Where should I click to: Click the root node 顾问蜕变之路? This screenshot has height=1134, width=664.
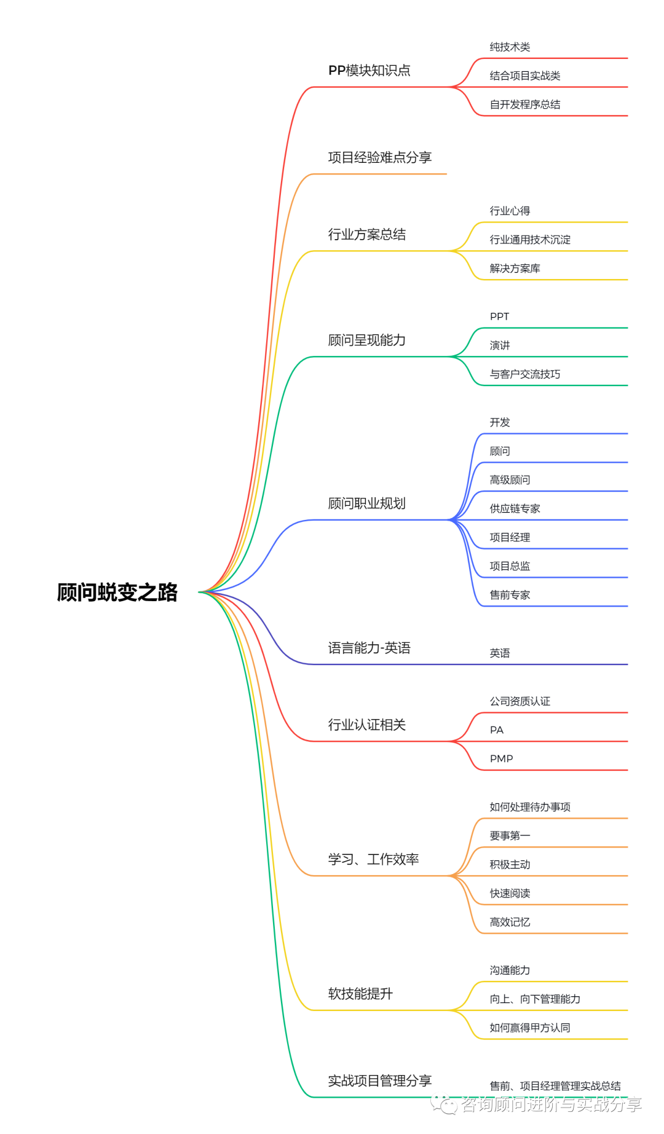(117, 593)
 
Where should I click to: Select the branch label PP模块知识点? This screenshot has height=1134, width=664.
(369, 71)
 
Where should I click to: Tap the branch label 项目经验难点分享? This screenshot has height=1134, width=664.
(379, 158)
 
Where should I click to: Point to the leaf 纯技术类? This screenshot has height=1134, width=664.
(510, 47)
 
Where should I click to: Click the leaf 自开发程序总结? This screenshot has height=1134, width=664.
(524, 104)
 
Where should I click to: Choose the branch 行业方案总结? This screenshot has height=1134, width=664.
(366, 235)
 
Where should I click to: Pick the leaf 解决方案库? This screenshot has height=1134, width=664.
(515, 269)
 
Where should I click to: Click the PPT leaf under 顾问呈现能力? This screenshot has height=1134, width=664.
(499, 317)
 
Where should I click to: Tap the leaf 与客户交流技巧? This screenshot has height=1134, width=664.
(524, 374)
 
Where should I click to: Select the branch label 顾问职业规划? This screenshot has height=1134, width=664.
(366, 504)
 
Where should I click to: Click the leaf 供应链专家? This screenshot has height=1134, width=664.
(515, 509)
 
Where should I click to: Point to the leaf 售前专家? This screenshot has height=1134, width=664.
(510, 595)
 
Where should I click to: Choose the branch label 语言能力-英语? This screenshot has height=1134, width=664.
(369, 648)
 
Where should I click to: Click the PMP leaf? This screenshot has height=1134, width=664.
(501, 759)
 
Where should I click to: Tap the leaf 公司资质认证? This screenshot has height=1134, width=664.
(520, 701)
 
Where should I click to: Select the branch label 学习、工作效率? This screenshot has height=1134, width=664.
(373, 859)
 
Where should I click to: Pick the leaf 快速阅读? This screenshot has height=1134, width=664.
(510, 894)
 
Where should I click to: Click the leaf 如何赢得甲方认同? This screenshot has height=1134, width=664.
(529, 1028)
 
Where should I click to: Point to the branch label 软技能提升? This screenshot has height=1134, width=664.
(360, 994)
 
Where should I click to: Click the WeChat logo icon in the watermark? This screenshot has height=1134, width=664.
(444, 1104)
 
